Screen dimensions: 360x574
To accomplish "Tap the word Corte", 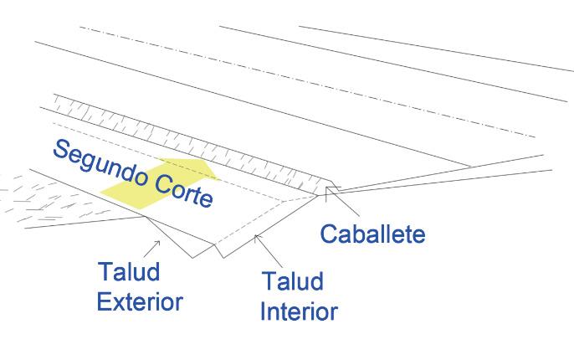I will (179, 191).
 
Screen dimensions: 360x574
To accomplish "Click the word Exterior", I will (139, 301).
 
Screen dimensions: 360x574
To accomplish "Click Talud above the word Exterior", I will (129, 273).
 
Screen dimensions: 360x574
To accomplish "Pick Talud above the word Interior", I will (291, 280).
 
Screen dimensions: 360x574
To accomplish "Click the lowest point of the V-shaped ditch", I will (194, 257).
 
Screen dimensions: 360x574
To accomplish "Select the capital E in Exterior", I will (104, 301).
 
